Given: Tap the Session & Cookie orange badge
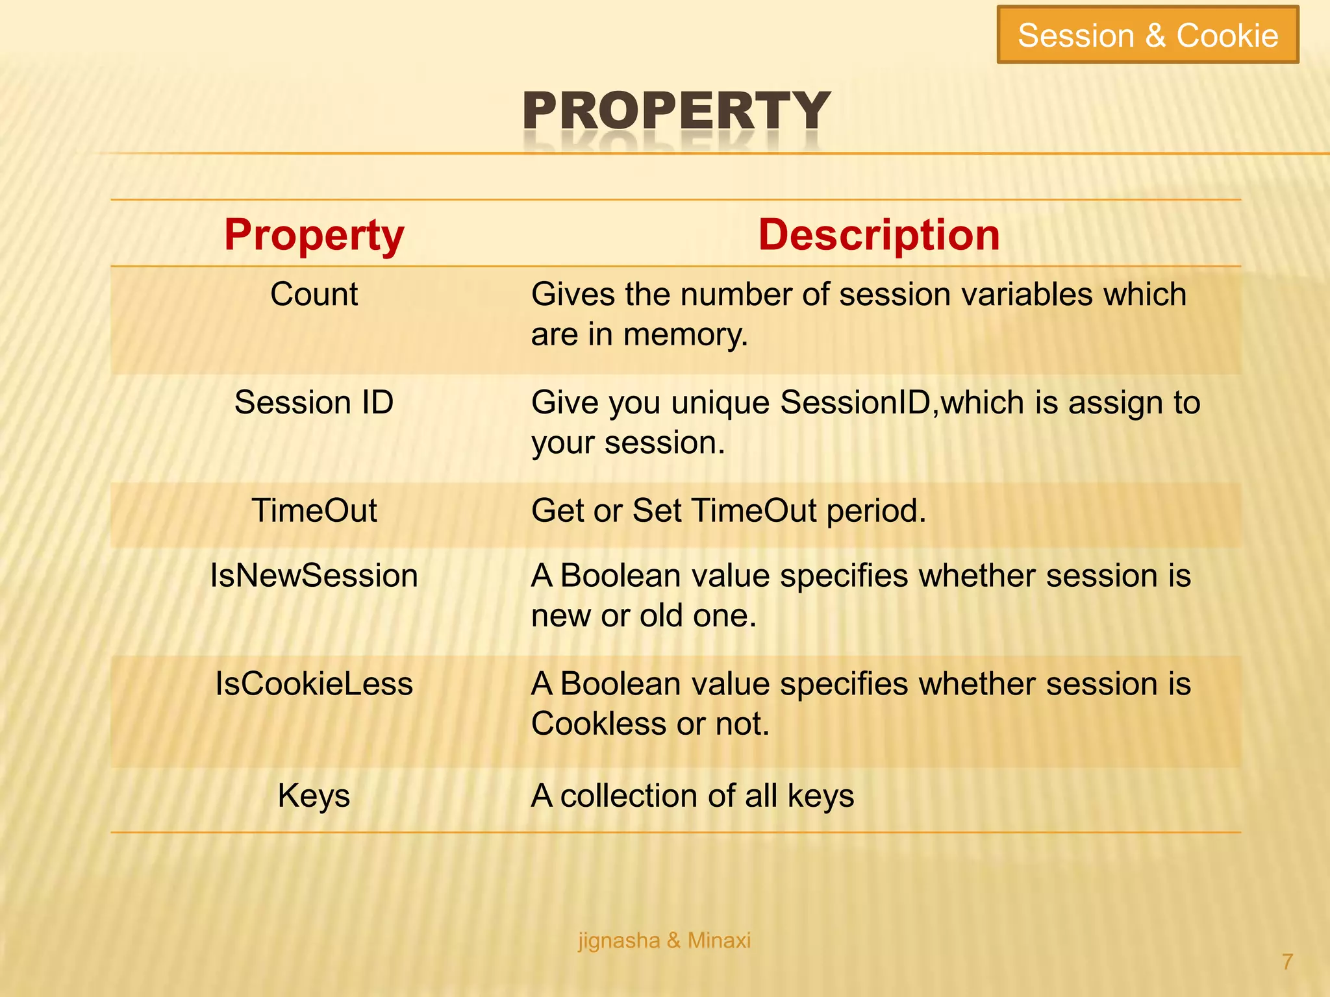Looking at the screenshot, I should [1148, 35].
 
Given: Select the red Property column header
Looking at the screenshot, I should [314, 234].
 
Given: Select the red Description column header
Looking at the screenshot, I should [879, 234].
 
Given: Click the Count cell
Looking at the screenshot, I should [314, 295].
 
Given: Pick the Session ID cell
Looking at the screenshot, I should [314, 402].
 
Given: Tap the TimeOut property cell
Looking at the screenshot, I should [314, 510].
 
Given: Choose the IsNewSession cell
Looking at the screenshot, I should [314, 576].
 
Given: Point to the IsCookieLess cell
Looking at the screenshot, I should [314, 684].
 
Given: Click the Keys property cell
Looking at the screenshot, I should [314, 796].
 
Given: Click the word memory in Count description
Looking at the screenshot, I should [685, 336].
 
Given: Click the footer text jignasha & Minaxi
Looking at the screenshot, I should [664, 941].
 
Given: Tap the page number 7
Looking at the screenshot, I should [1287, 961].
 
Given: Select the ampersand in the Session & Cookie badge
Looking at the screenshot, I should [1155, 35].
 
